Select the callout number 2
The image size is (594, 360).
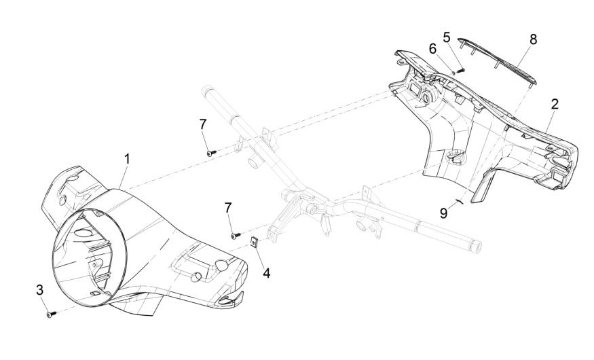tap(555, 104)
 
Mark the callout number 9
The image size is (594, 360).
tap(443, 213)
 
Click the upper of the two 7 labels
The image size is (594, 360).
tap(203, 124)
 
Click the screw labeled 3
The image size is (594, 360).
tap(51, 314)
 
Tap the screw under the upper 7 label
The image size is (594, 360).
tap(210, 153)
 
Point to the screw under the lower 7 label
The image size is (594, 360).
tap(236, 235)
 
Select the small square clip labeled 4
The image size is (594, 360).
tap(254, 241)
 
